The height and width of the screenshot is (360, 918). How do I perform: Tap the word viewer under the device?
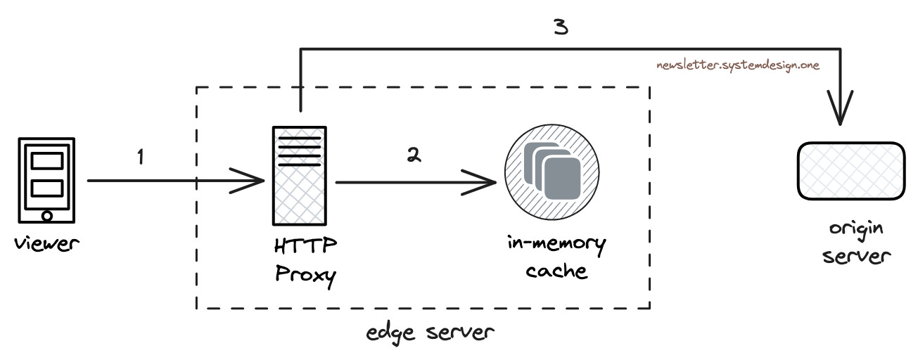click(47, 245)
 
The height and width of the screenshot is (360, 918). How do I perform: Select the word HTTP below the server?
click(304, 247)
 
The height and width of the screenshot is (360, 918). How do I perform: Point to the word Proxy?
click(305, 274)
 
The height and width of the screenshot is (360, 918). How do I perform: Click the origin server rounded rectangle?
click(850, 171)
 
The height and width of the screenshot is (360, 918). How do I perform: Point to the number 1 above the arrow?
click(141, 156)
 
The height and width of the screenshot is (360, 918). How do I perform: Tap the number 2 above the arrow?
click(414, 156)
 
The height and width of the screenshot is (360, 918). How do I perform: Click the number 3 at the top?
click(561, 27)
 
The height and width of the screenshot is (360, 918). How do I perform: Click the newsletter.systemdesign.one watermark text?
click(737, 65)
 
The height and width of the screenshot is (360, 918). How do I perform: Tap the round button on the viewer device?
click(47, 215)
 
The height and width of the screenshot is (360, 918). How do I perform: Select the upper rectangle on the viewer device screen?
click(47, 161)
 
